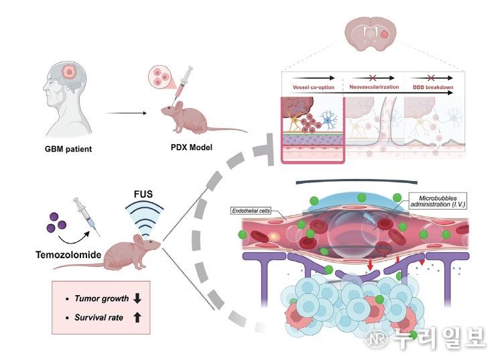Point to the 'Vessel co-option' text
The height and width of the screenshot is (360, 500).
(x=314, y=87)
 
